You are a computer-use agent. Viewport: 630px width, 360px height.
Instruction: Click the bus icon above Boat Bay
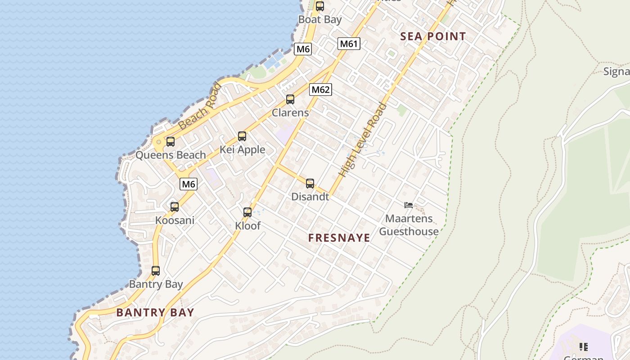[x=320, y=6]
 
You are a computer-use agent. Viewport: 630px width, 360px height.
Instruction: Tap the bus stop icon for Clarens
[x=290, y=99]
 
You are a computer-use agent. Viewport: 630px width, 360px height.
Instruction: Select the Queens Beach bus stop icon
[x=171, y=142]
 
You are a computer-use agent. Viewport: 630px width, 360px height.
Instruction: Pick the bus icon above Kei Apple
[x=242, y=136]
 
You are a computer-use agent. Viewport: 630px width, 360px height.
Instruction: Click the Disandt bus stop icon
[x=310, y=184]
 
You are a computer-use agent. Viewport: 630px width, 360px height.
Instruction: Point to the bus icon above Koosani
[x=175, y=207]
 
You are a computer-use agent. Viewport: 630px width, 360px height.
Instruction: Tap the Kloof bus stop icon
[x=247, y=212]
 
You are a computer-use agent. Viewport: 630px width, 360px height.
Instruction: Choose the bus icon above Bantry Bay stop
[x=156, y=271]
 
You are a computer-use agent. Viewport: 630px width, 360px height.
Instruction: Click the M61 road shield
[x=349, y=44]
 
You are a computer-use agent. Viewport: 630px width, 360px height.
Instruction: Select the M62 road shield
[x=320, y=90]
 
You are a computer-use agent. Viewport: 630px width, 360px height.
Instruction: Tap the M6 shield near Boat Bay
[x=303, y=49]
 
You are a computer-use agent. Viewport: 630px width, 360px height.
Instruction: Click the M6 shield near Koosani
[x=189, y=184]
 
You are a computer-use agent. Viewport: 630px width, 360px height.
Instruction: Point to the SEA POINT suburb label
[x=433, y=37]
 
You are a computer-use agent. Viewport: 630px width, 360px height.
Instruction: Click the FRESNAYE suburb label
[x=339, y=238]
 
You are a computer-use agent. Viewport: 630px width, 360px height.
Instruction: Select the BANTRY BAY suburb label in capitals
[x=155, y=313]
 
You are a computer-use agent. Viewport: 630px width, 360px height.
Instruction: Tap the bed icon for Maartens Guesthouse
[x=409, y=205]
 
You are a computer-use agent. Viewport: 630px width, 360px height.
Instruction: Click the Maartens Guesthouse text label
[x=409, y=225]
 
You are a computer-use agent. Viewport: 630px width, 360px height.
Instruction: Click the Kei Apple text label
[x=243, y=150]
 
